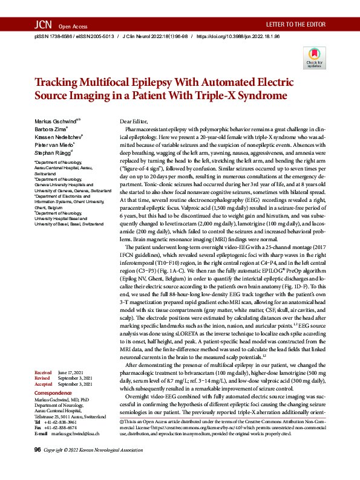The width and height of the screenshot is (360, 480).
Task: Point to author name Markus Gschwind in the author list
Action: pyautogui.click(x=55, y=122)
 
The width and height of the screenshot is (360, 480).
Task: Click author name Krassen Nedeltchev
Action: pyautogui.click(x=58, y=138)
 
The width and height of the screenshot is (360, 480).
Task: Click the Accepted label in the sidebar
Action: pyautogui.click(x=44, y=384)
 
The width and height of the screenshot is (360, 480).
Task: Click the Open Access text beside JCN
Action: pyautogui.click(x=73, y=27)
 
